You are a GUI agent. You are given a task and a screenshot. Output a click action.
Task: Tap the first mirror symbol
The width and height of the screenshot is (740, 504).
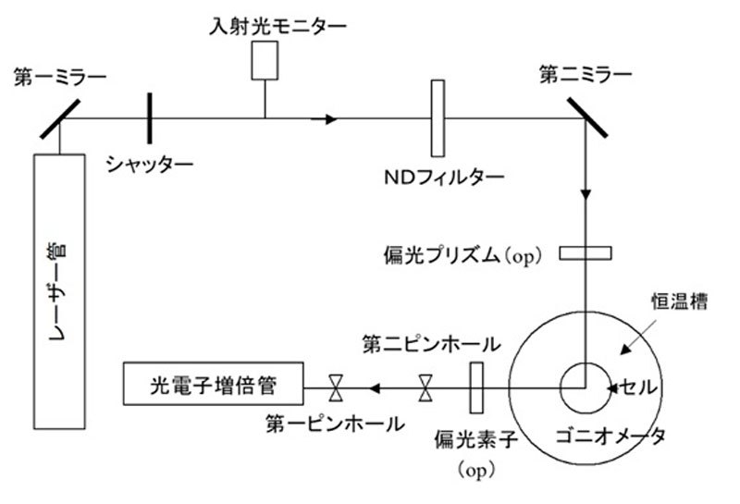click(57, 117)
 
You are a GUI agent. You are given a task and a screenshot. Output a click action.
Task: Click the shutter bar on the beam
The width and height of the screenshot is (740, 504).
click(147, 117)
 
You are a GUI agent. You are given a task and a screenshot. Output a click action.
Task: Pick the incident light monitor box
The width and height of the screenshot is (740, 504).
click(265, 60)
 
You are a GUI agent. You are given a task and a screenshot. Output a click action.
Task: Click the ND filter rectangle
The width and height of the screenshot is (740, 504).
click(438, 117)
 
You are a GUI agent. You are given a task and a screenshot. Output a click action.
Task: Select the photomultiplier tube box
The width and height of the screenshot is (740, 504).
click(214, 383)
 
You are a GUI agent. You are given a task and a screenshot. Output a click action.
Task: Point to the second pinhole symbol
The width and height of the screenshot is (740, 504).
click(425, 386)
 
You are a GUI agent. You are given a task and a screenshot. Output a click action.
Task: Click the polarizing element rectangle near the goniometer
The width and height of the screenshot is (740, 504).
click(477, 386)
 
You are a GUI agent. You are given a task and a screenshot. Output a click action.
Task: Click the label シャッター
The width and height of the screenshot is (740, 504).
click(149, 165)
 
